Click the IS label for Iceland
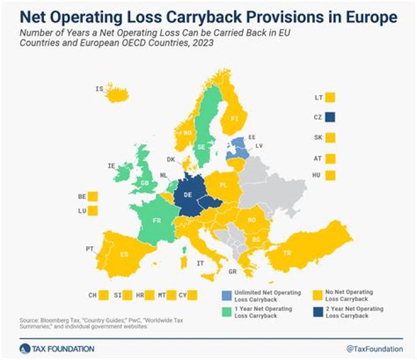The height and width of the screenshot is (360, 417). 99,89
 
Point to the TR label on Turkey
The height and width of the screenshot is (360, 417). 286,253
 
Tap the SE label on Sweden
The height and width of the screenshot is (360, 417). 202,147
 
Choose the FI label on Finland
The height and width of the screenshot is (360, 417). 235,119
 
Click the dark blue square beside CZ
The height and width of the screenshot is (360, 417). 330,117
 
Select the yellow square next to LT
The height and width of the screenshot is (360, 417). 330,97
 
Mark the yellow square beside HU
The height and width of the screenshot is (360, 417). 330,175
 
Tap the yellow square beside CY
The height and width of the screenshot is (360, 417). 192,295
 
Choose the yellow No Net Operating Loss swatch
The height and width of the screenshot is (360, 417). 317,295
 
